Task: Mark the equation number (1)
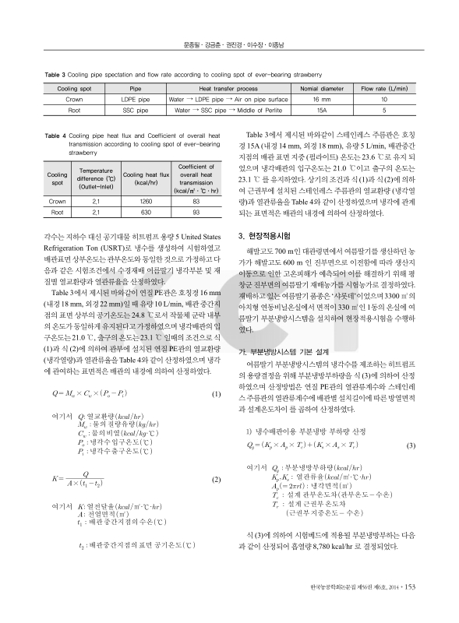[216, 372]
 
